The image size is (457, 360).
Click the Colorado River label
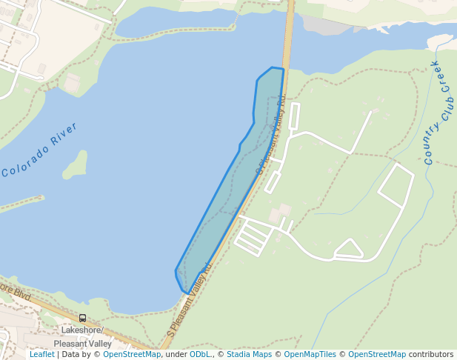tap(40, 150)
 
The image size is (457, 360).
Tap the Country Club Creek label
tap(438, 112)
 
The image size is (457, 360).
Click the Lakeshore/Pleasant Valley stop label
tap(82, 337)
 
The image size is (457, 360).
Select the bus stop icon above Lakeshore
tap(82, 319)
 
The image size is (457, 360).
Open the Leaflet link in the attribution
tap(41, 355)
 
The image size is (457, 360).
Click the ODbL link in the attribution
tap(199, 355)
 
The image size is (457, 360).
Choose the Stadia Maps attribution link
tap(248, 355)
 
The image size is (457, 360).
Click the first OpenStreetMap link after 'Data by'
tap(131, 355)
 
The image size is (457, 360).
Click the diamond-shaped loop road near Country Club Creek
tap(396, 185)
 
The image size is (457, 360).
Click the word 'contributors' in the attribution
tap(431, 355)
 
